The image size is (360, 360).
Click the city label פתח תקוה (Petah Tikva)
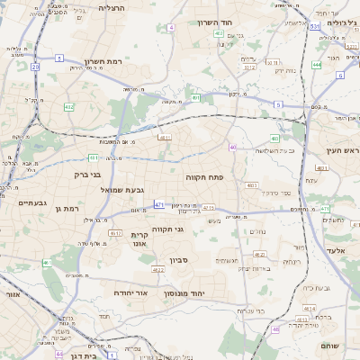point(203,178)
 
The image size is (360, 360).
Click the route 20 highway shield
point(35,67)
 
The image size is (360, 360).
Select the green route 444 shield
point(316,65)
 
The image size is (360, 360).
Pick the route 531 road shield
point(315,27)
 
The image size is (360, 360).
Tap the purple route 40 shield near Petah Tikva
point(232,147)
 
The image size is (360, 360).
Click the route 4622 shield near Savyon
point(158,269)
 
